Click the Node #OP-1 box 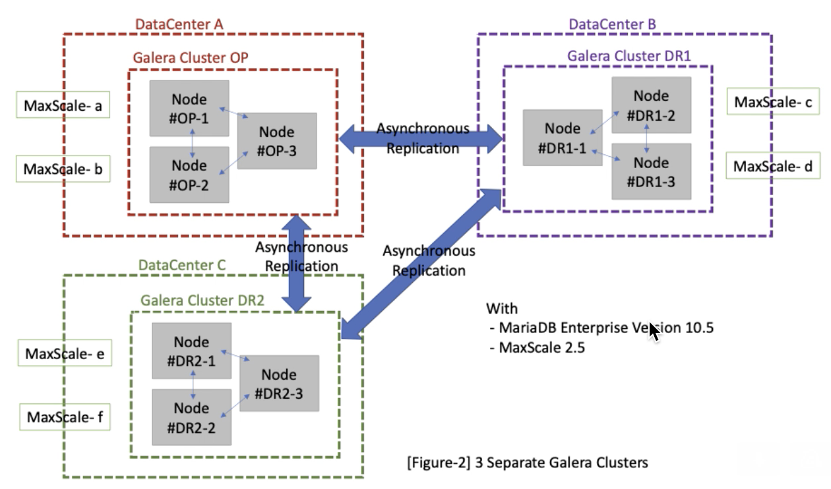(189, 108)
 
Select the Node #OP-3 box (277, 141)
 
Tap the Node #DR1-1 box (563, 138)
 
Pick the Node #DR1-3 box (651, 171)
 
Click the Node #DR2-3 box (279, 384)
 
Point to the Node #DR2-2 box (191, 417)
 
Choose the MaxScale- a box (63, 105)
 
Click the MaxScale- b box (63, 169)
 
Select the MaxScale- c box (773, 101)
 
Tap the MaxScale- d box (773, 165)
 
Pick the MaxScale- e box (65, 353)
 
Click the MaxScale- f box (65, 417)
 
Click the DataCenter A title (179, 24)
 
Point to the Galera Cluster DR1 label (629, 57)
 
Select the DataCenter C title (182, 266)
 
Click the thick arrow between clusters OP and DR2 (296, 264)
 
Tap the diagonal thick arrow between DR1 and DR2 (421, 264)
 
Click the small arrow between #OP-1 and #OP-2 (192, 143)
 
